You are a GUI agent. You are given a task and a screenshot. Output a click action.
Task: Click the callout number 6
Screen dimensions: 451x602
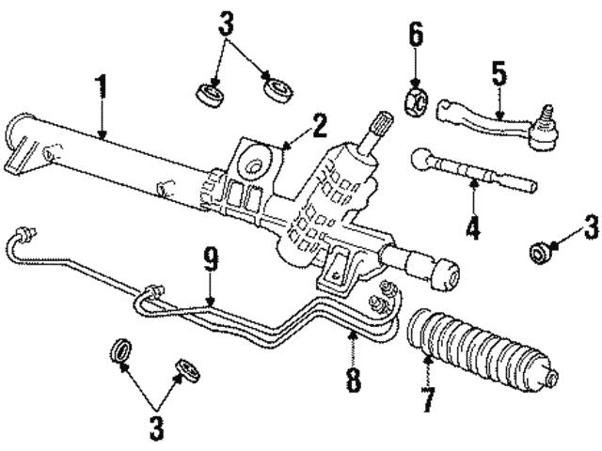click(x=415, y=38)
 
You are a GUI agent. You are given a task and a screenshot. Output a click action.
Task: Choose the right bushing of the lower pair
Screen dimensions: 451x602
click(x=187, y=370)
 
